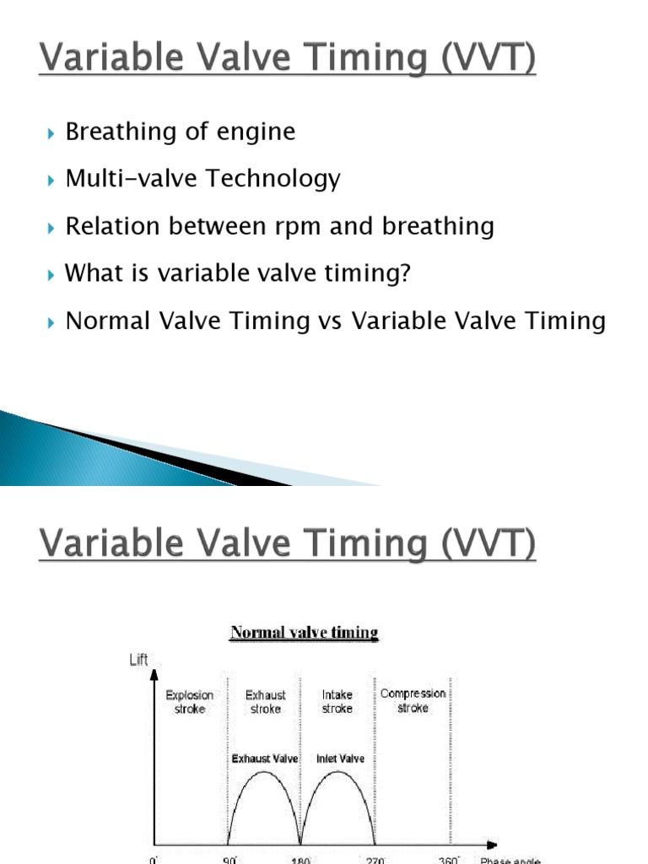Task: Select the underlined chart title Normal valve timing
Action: tap(305, 632)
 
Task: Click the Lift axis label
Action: tap(138, 660)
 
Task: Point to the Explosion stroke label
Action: tap(190, 702)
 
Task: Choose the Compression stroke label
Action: tap(413, 701)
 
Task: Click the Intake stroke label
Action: tap(337, 702)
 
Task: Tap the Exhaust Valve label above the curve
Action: tap(265, 759)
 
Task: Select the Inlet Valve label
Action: tap(340, 759)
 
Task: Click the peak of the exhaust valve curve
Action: tap(264, 772)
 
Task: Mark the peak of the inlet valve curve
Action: tap(339, 772)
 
